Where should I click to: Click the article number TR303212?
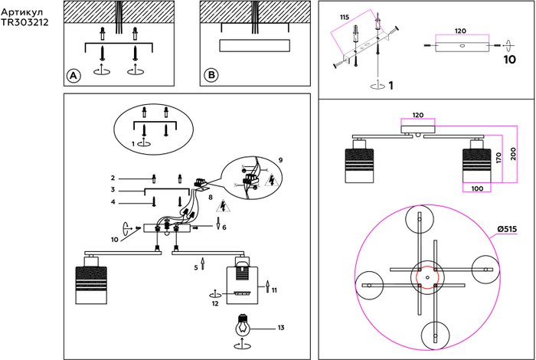[x=25, y=22]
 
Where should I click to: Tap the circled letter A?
[x=73, y=76]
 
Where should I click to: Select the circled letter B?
[x=211, y=76]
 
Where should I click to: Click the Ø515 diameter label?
[x=508, y=229]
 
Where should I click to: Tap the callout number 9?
[x=281, y=159]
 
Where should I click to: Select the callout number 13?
[x=281, y=328]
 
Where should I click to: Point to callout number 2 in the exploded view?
[x=113, y=178]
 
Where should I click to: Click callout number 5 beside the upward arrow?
[x=195, y=267]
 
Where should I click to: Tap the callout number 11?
[x=274, y=289]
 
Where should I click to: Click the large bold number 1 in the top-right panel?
[x=391, y=85]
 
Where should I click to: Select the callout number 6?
[x=224, y=227]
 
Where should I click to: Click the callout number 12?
[x=216, y=303]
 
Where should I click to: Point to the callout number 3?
[x=113, y=189]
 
